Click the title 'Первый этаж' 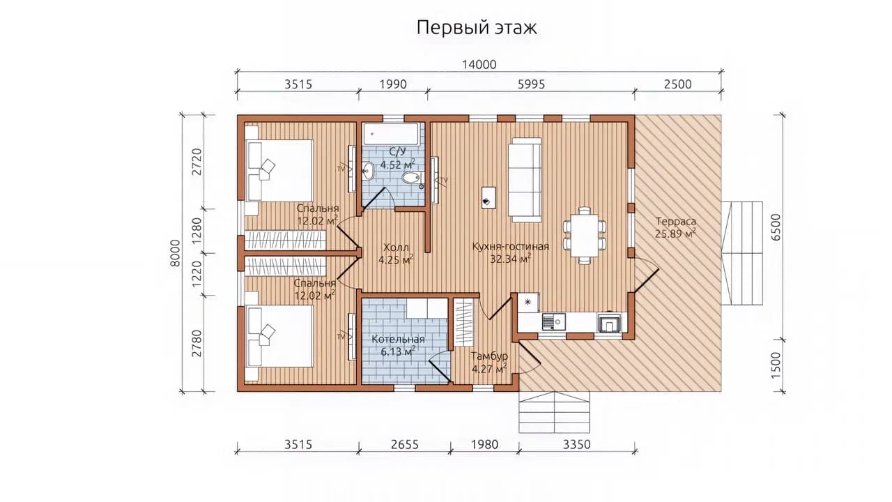(477, 28)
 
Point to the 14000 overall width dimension (479, 65)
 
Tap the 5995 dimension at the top (531, 84)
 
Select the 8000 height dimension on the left (175, 253)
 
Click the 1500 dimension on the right (776, 365)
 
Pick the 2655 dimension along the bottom (405, 444)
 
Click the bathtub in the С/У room (391, 134)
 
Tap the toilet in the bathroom (411, 178)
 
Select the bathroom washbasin (368, 172)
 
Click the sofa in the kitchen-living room (525, 180)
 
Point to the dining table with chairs (584, 236)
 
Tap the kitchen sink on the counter (553, 321)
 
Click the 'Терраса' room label (676, 221)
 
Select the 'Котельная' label (398, 340)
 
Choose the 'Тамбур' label (489, 356)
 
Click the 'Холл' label (396, 248)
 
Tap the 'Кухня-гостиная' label (511, 246)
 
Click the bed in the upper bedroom (279, 171)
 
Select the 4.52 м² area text (397, 164)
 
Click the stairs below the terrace (554, 412)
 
